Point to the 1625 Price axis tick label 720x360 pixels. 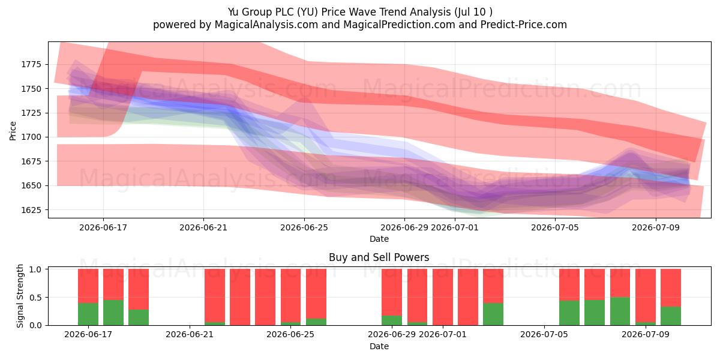(x=31, y=210)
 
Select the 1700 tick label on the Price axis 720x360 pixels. (x=31, y=137)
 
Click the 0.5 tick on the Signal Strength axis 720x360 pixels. (x=35, y=298)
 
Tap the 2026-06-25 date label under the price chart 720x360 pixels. (x=304, y=227)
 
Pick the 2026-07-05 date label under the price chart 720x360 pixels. (x=555, y=227)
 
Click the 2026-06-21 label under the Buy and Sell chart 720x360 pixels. (x=190, y=334)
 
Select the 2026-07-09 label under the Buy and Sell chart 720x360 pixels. (x=646, y=334)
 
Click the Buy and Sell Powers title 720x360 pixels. (x=379, y=257)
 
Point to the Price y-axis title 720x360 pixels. (x=13, y=131)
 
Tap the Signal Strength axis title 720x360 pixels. (x=20, y=296)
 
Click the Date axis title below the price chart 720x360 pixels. (x=379, y=239)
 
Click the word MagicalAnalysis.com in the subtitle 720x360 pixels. (x=266, y=25)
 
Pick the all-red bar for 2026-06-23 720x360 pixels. (x=240, y=297)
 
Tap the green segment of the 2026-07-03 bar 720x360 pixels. (x=493, y=314)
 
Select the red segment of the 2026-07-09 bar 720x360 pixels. (x=646, y=295)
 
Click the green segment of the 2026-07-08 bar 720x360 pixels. (x=620, y=311)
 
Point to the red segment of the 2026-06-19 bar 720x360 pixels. (x=139, y=289)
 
